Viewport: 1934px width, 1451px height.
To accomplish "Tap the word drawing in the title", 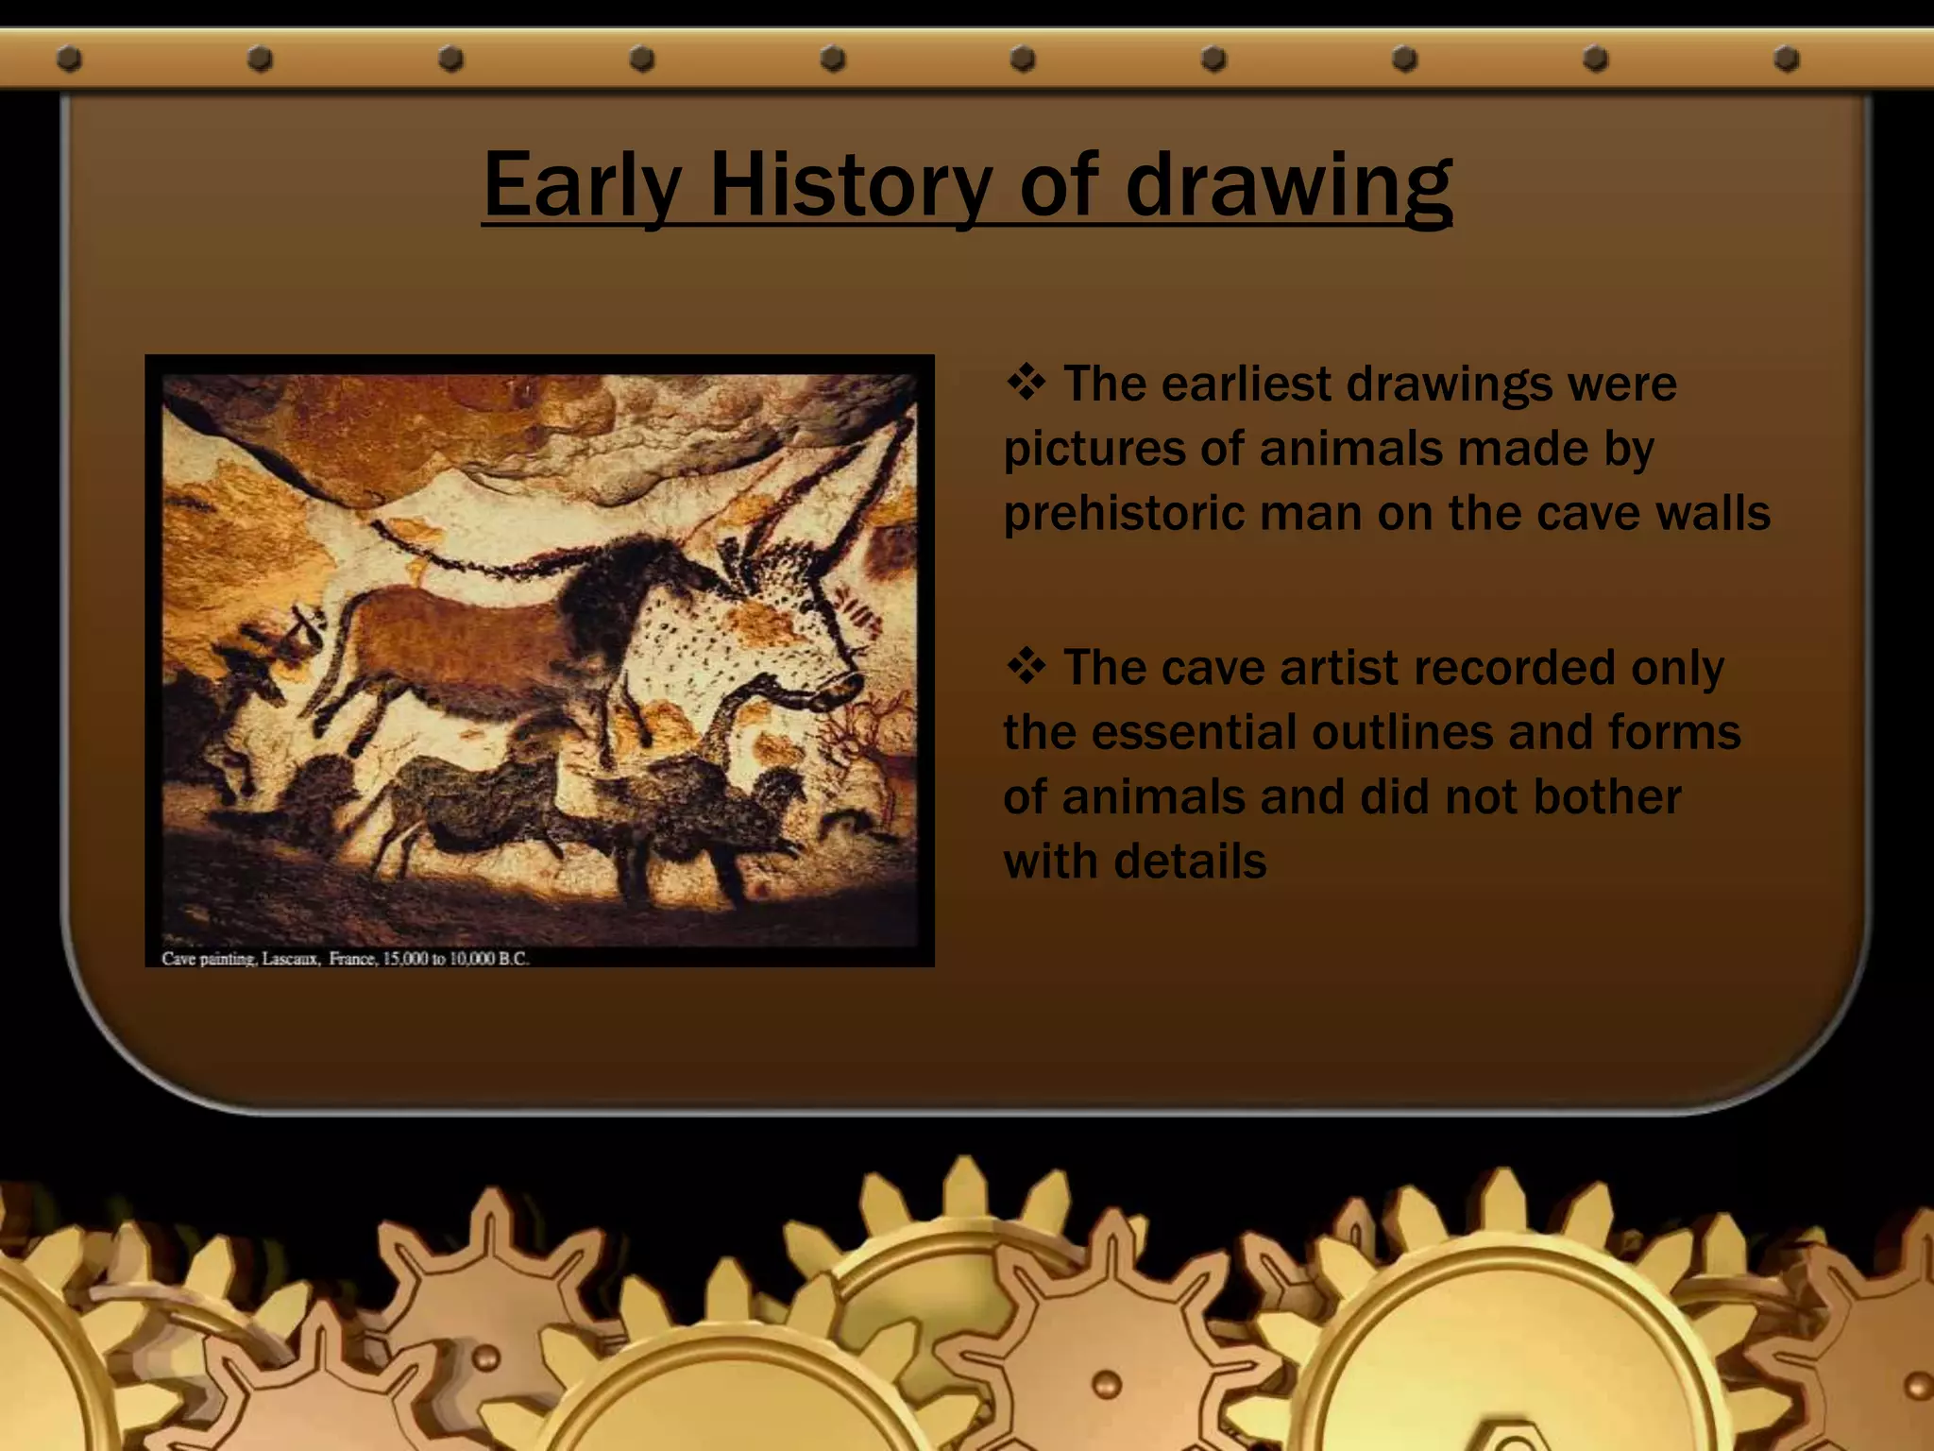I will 1288,187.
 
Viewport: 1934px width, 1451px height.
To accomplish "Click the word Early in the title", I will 582,187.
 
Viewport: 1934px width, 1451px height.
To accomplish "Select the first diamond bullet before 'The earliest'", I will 1026,383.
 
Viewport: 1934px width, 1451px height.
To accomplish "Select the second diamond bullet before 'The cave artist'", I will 1026,667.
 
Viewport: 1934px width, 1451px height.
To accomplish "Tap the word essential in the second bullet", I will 1191,732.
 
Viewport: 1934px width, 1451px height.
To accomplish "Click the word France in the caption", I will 351,959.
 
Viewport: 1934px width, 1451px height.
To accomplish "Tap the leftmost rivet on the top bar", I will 69,60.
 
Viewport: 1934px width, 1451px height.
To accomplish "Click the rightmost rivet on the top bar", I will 1786,60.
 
